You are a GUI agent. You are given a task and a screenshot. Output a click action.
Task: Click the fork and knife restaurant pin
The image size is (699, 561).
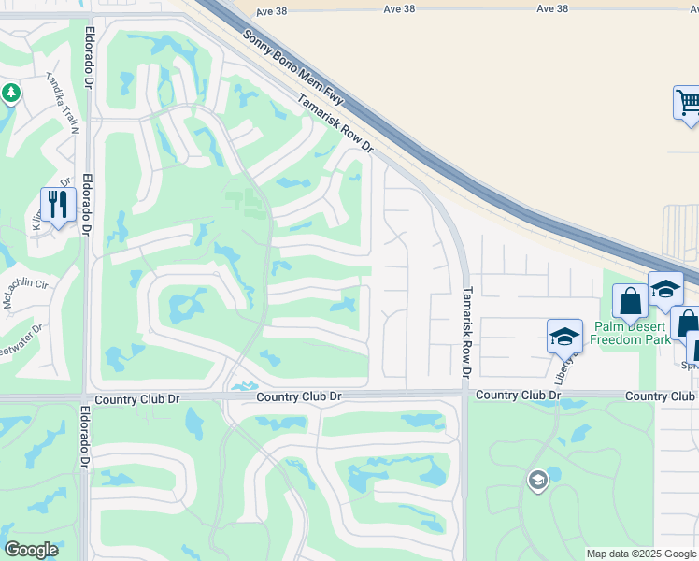[x=57, y=205]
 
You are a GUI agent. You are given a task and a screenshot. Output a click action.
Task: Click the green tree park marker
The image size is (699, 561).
[x=10, y=93]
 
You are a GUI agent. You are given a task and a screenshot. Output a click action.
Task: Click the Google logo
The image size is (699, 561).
[x=31, y=550]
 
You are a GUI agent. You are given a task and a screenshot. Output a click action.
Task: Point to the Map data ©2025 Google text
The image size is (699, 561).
[x=640, y=554]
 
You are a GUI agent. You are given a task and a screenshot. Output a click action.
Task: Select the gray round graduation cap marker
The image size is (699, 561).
[x=537, y=481]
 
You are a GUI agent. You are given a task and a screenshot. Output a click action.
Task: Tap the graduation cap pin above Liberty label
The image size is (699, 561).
[x=564, y=337]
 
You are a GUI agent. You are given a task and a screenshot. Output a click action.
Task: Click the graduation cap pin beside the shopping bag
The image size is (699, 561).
[x=665, y=288]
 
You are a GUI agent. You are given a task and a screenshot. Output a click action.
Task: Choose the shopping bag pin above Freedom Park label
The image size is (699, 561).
[x=630, y=301]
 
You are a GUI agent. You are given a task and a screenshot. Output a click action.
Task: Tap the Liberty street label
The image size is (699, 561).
[x=564, y=368]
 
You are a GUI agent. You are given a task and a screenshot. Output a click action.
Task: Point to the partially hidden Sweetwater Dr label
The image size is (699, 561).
[x=23, y=338]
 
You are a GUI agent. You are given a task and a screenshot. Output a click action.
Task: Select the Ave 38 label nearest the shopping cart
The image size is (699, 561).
[x=552, y=8]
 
